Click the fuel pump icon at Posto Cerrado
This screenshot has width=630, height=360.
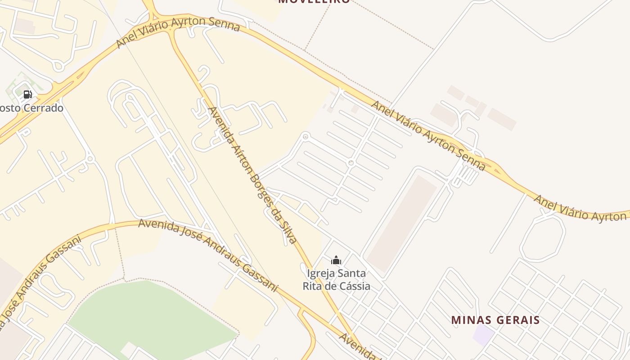pyautogui.click(x=28, y=94)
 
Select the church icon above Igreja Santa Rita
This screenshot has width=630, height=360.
pyautogui.click(x=336, y=260)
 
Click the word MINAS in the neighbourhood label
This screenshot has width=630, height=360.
pyautogui.click(x=470, y=320)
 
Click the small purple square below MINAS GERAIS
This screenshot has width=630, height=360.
pyautogui.click(x=483, y=336)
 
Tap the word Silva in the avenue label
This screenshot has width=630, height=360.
pyautogui.click(x=287, y=230)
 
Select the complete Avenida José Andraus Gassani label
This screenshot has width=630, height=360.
pyautogui.click(x=208, y=254)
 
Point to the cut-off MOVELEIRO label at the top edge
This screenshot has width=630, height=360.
pyautogui.click(x=314, y=2)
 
